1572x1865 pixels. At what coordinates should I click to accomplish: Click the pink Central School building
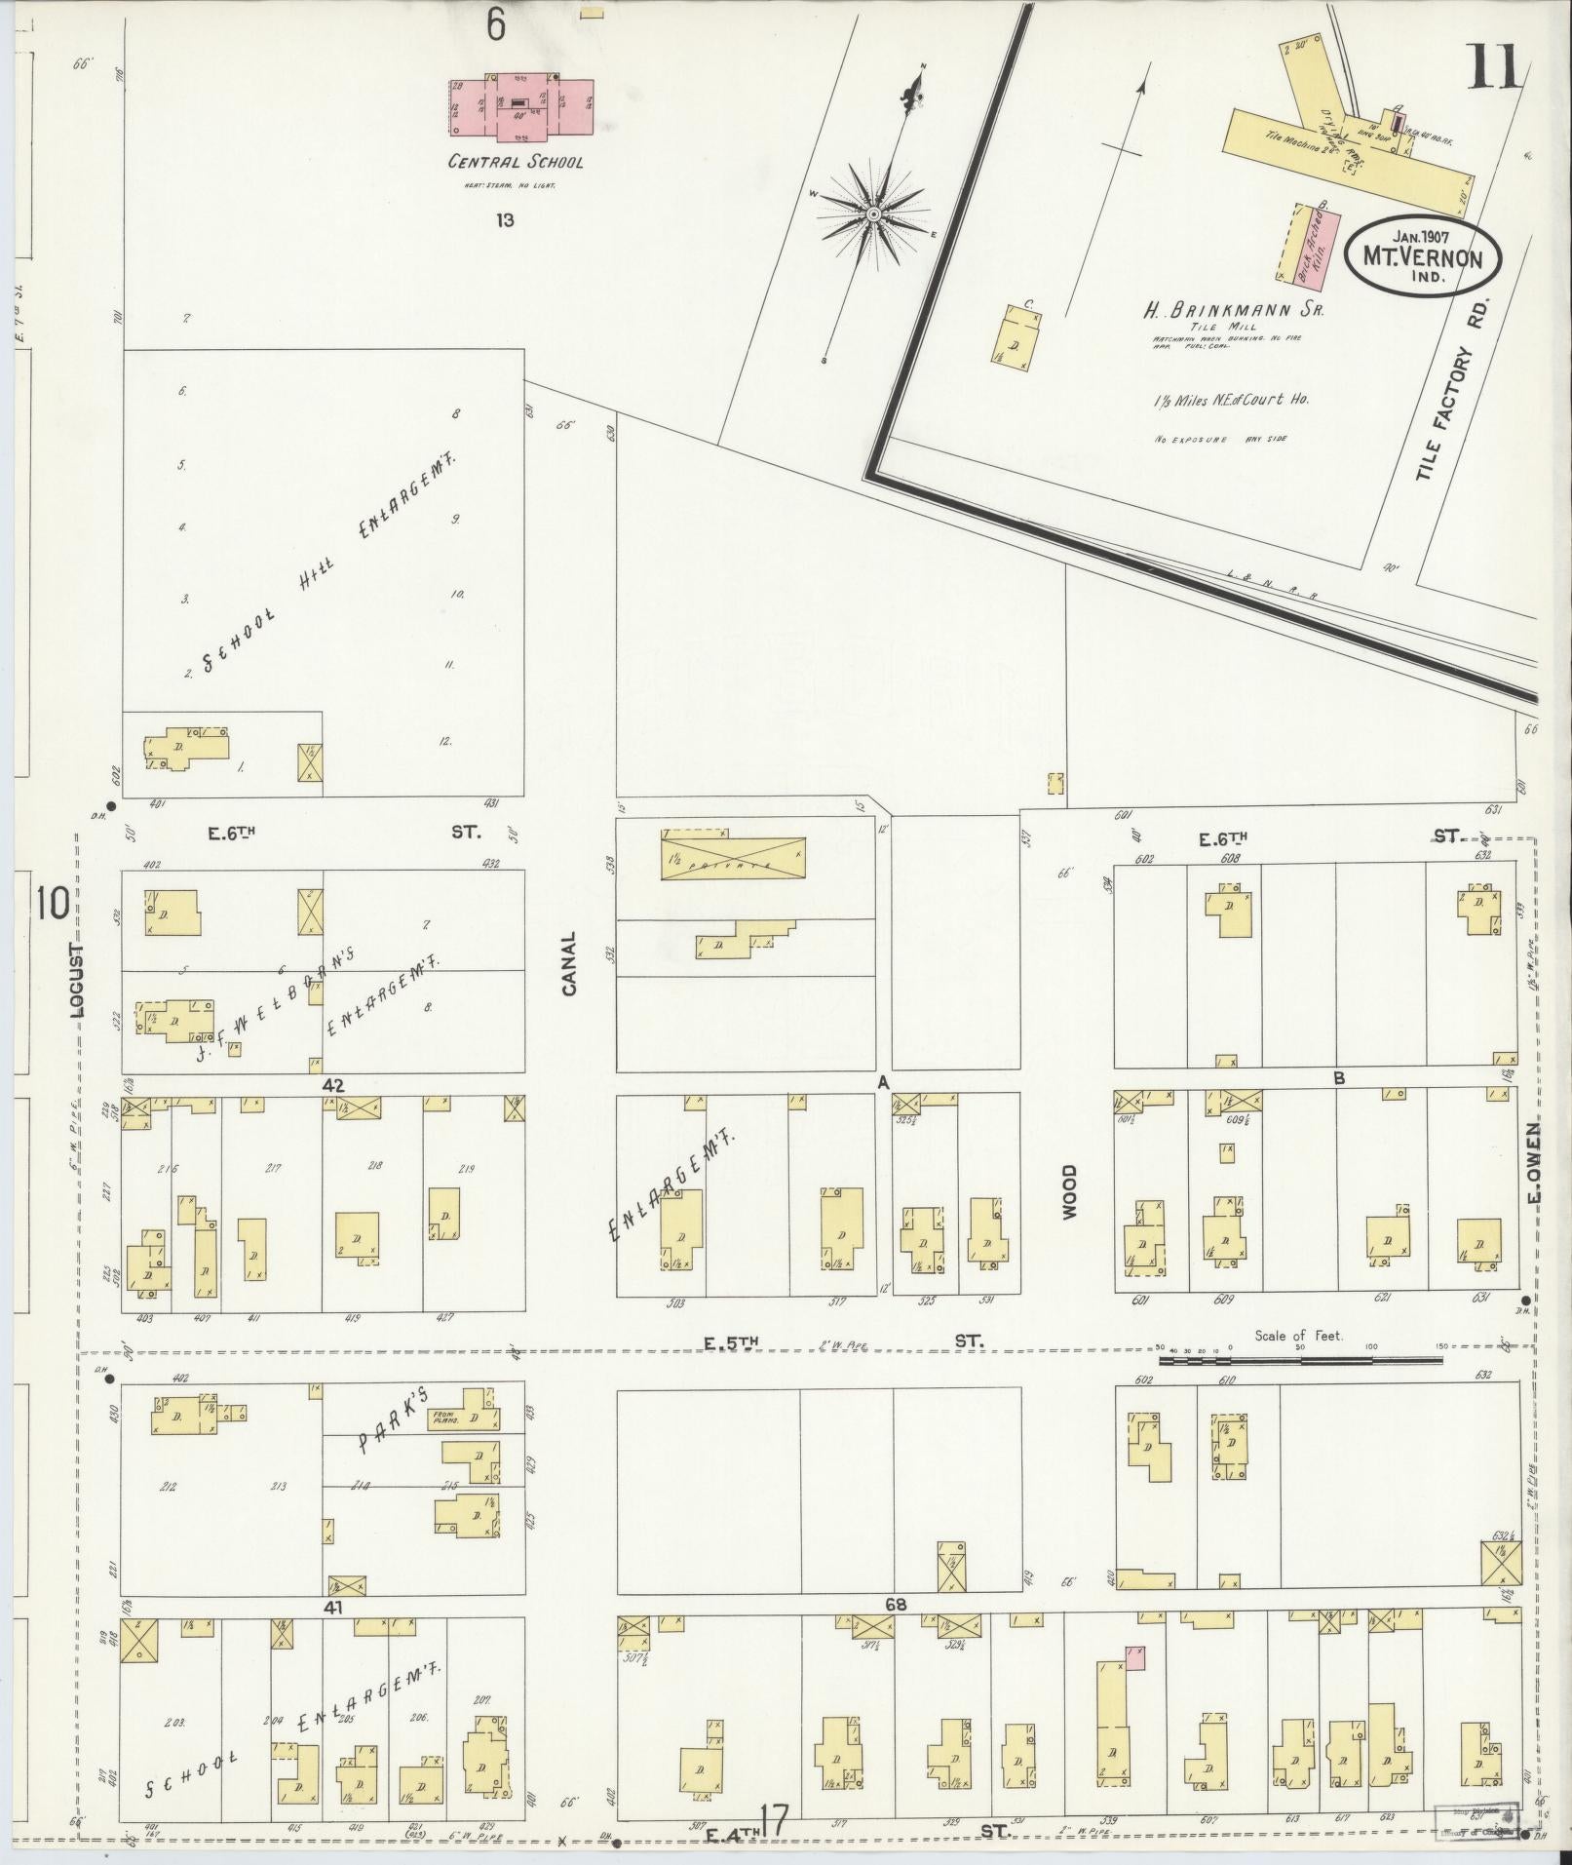click(x=522, y=108)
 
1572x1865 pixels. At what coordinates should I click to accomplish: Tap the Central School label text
click(x=516, y=163)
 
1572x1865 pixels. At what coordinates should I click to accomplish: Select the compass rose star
click(x=874, y=213)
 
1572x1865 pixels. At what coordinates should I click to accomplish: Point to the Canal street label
click(x=569, y=963)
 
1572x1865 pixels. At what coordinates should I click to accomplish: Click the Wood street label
click(x=1070, y=1191)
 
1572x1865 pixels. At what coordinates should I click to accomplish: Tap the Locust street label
click(x=77, y=981)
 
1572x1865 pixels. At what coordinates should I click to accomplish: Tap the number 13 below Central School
click(x=503, y=220)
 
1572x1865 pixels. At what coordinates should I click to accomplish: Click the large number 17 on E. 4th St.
click(x=774, y=1818)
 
